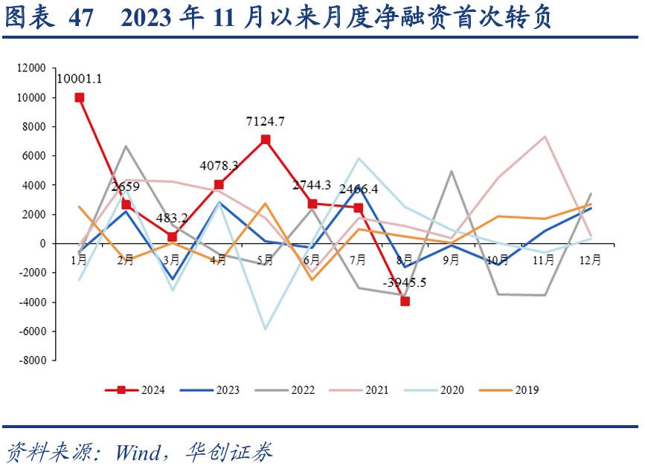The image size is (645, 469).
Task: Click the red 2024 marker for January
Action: [x=80, y=97]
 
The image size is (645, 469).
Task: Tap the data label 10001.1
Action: [x=80, y=77]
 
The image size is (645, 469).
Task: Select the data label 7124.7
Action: [x=266, y=121]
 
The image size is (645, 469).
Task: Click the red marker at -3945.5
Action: [x=405, y=301]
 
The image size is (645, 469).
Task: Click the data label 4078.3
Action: [x=219, y=165]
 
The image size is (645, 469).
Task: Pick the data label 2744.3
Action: [x=312, y=185]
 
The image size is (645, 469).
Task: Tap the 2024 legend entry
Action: [x=136, y=389]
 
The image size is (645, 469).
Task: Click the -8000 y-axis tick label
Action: [x=33, y=360]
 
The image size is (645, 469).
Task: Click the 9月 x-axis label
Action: [x=450, y=259]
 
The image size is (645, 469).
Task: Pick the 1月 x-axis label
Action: [x=79, y=259]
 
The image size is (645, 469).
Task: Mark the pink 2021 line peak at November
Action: [x=545, y=137]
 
